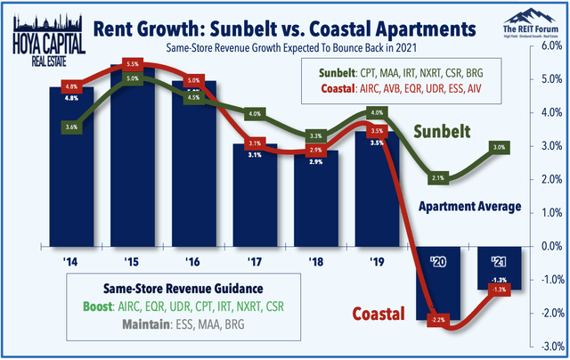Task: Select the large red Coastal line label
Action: pos(374,314)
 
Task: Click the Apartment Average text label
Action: pos(471,207)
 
